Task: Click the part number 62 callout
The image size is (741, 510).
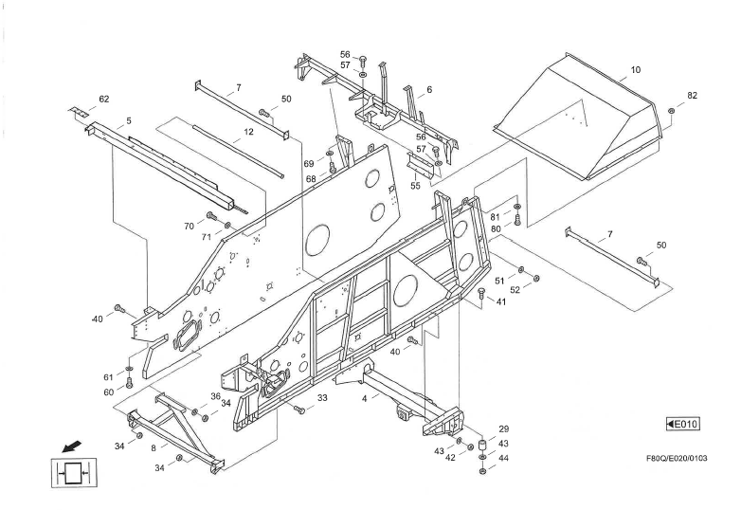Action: (103, 99)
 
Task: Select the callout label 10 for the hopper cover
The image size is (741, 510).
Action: (635, 70)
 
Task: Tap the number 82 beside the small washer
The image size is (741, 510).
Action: (692, 96)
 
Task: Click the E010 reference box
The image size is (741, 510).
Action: (682, 423)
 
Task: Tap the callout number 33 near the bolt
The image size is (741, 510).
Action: (322, 398)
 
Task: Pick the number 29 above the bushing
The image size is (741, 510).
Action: (503, 428)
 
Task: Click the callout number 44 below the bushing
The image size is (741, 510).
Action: (503, 458)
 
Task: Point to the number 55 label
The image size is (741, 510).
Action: (415, 186)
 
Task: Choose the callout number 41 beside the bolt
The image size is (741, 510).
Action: (501, 302)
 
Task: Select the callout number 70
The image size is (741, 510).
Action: (190, 226)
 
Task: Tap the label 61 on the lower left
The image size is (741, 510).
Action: (109, 377)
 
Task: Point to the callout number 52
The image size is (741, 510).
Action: (515, 290)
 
